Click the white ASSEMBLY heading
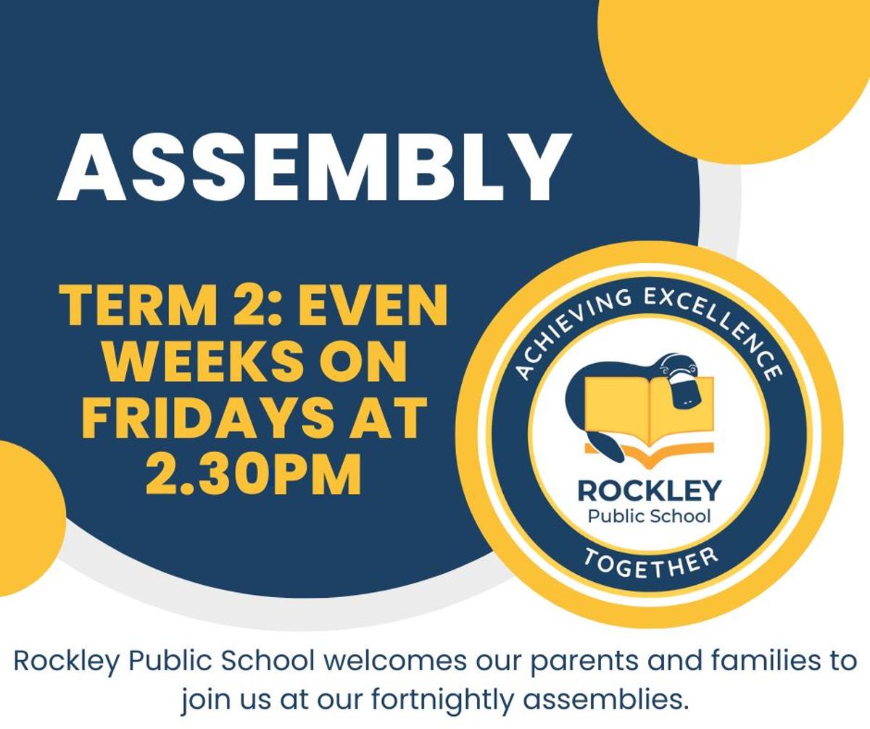click(314, 167)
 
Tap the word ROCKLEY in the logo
click(649, 491)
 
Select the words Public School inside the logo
click(649, 517)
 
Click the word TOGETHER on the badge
click(650, 563)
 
